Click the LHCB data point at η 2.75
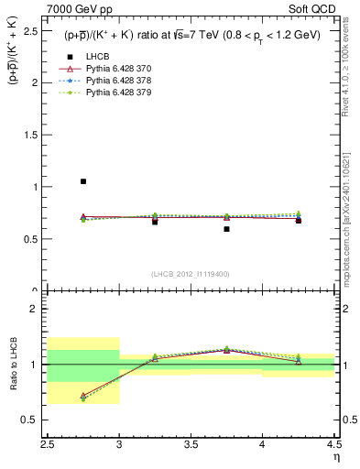click(83, 181)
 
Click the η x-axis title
click(336, 457)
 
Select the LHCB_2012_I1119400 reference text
click(191, 274)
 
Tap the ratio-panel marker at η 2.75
click(83, 397)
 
